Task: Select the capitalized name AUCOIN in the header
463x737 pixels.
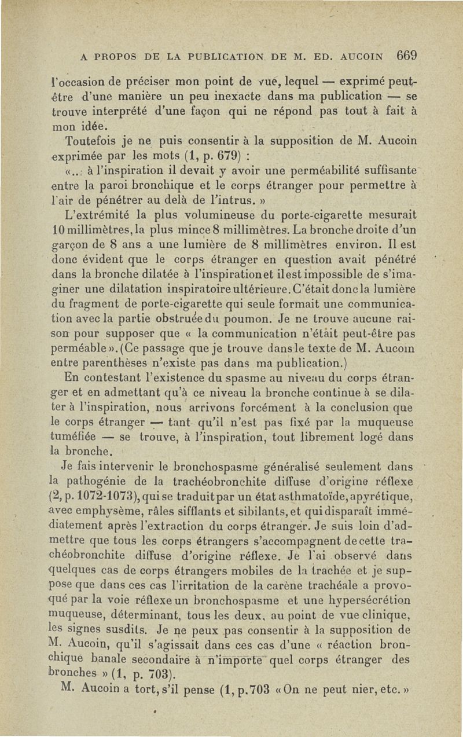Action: coord(363,58)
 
